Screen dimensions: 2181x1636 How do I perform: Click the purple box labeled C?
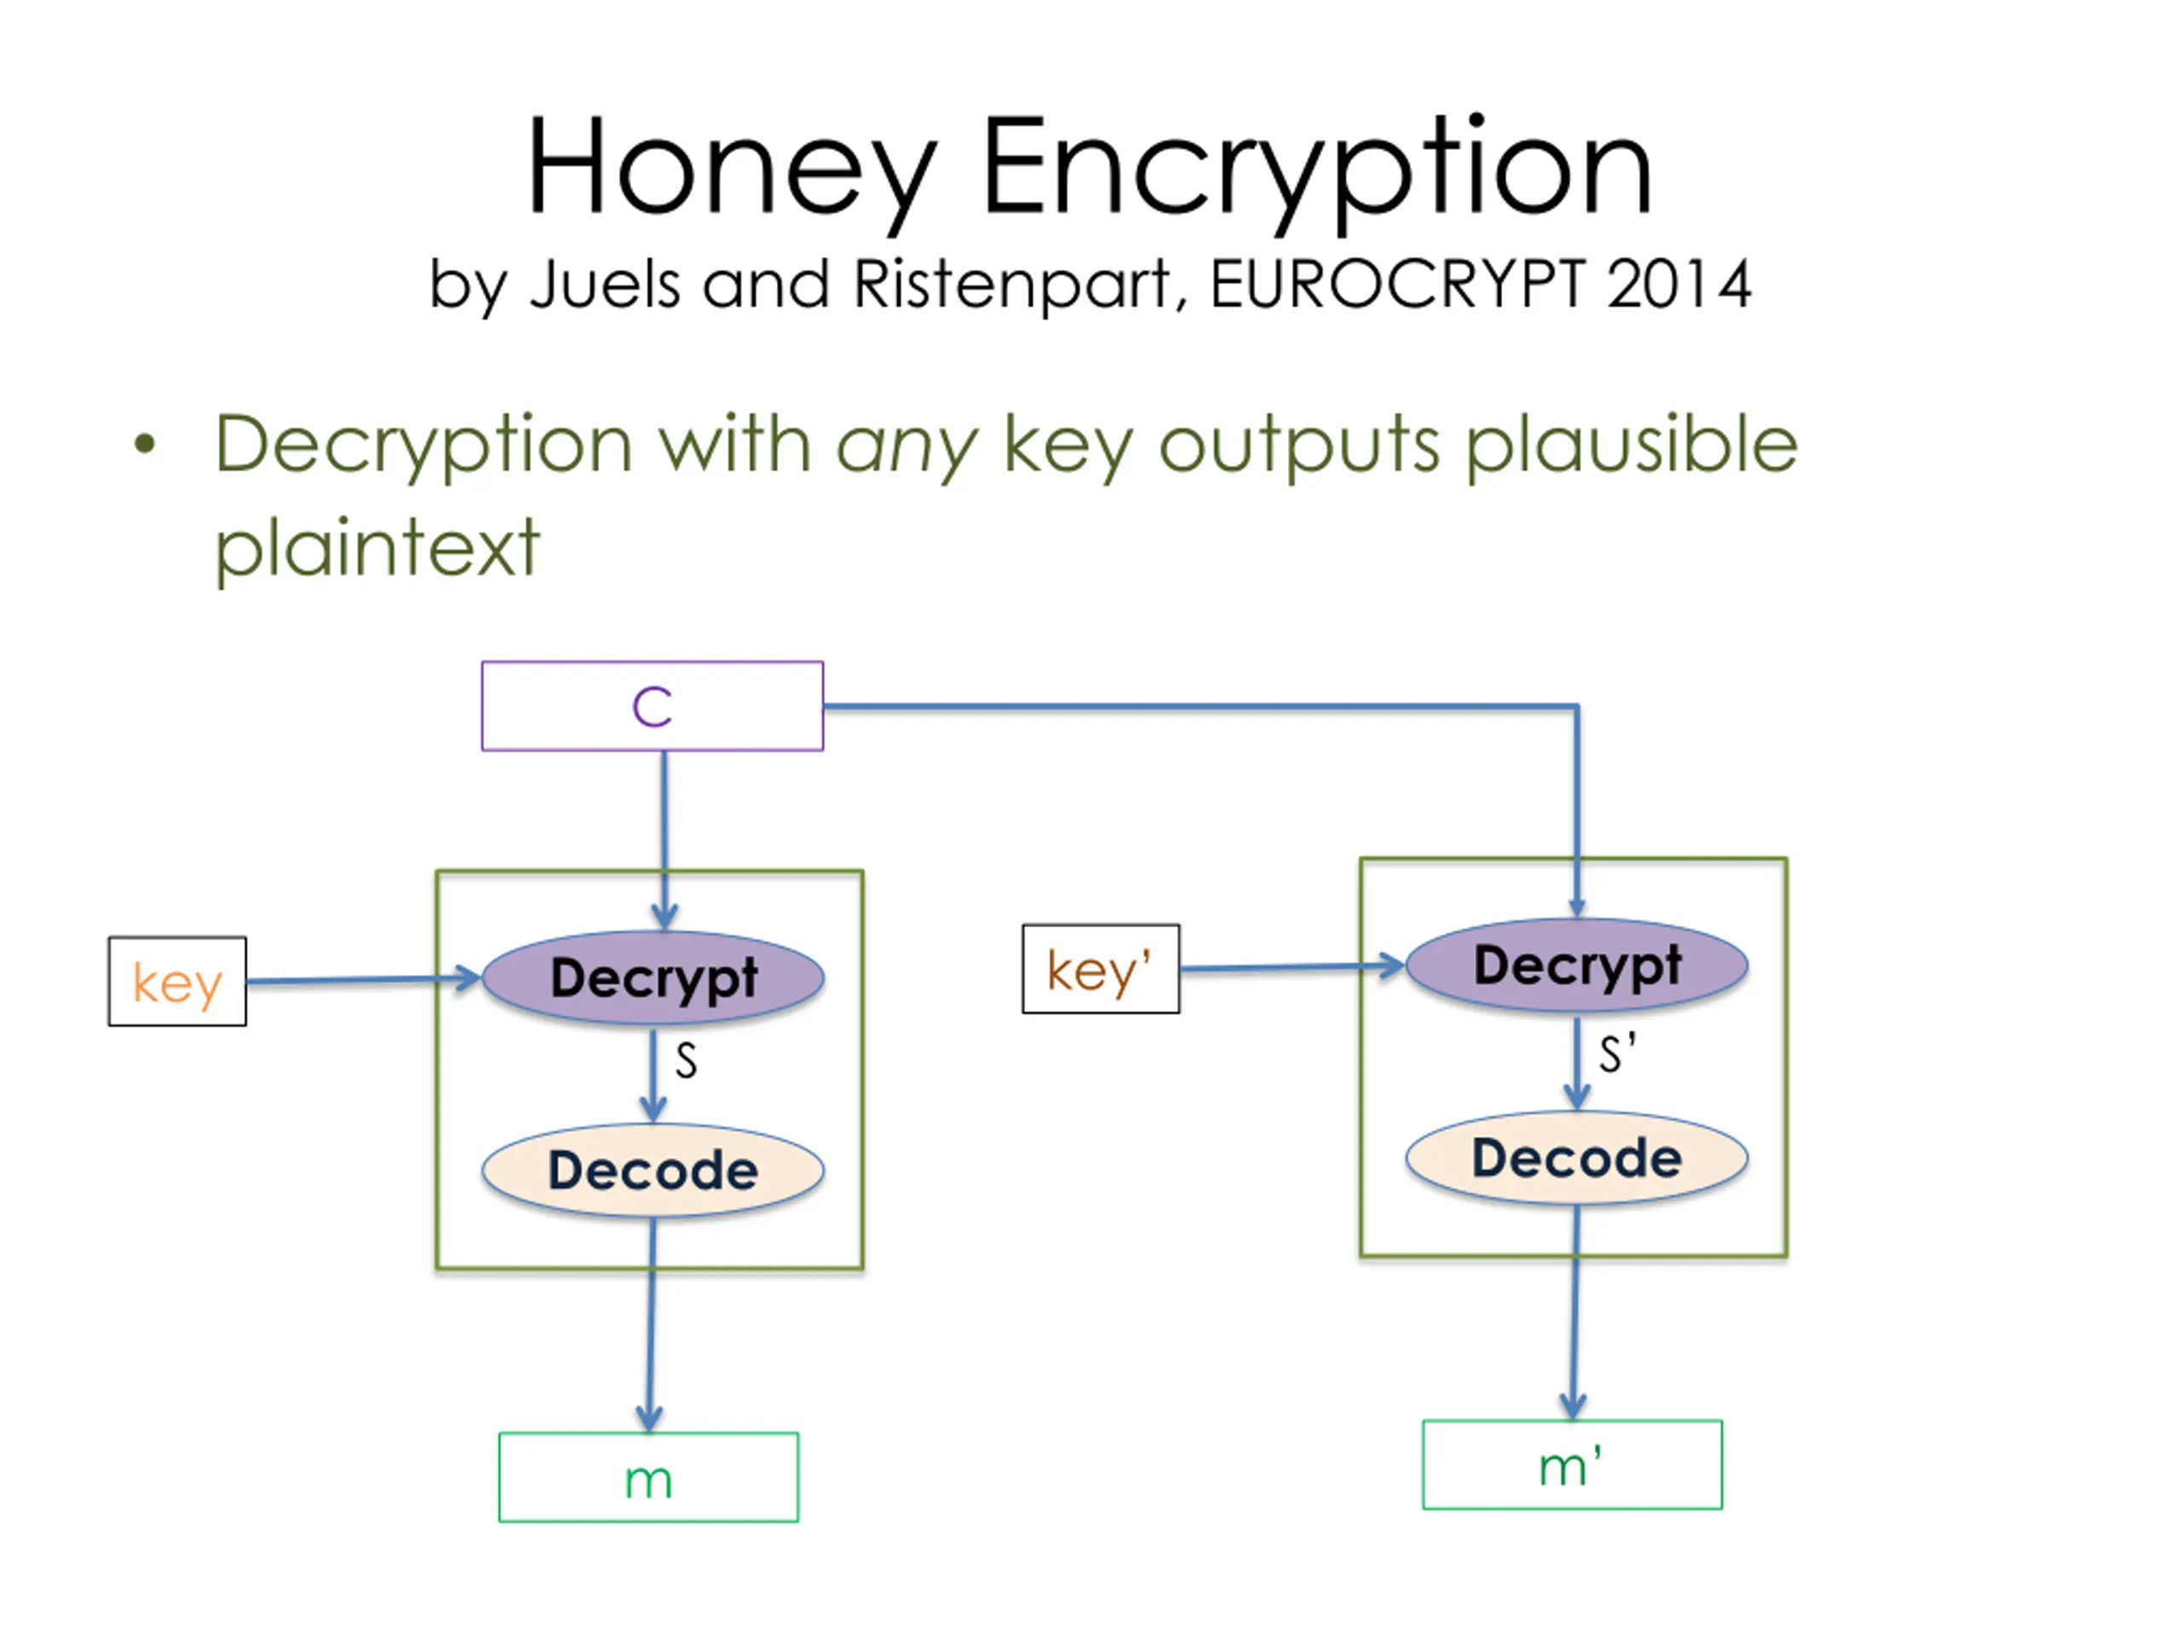pyautogui.click(x=652, y=706)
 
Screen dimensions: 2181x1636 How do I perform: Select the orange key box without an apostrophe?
pyautogui.click(x=177, y=982)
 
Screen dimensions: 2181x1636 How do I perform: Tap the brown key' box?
pyautogui.click(x=1101, y=968)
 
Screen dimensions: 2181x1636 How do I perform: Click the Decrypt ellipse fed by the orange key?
pyautogui.click(x=653, y=977)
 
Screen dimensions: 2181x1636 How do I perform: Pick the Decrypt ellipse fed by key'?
pyautogui.click(x=1577, y=965)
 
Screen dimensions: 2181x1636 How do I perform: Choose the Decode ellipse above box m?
pyautogui.click(x=653, y=1171)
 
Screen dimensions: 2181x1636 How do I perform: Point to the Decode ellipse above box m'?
pyautogui.click(x=1577, y=1159)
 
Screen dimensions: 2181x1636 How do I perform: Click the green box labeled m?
pyautogui.click(x=649, y=1478)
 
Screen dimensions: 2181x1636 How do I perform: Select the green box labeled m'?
pyautogui.click(x=1573, y=1466)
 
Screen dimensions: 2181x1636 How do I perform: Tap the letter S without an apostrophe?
pyautogui.click(x=686, y=1061)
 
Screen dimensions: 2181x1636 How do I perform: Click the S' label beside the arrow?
pyautogui.click(x=1617, y=1053)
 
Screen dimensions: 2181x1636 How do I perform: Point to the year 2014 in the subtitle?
pyautogui.click(x=1678, y=285)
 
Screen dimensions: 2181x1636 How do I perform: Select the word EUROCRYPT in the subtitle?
pyautogui.click(x=1397, y=285)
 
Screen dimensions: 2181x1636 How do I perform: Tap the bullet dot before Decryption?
pyautogui.click(x=145, y=444)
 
